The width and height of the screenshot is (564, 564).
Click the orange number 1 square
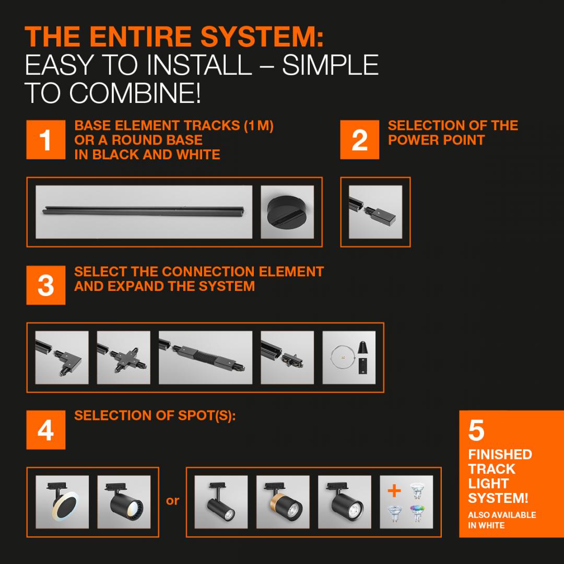pos(45,139)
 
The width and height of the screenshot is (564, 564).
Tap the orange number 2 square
pos(359,139)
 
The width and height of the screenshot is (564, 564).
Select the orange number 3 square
pos(45,285)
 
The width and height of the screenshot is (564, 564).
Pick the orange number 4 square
pos(45,430)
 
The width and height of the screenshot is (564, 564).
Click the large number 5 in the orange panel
pos(476,430)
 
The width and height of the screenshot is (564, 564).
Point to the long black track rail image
pos(144,212)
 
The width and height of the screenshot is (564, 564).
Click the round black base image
pos(287,212)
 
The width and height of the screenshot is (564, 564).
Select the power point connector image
pos(375,212)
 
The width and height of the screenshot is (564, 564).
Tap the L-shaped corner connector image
pos(62,358)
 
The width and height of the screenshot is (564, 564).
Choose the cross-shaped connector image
pos(124,358)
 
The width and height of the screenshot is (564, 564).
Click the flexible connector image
pos(205,358)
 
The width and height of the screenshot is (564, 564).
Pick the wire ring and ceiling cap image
pos(349,358)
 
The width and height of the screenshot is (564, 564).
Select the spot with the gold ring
pos(283,502)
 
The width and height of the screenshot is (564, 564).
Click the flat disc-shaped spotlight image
pos(62,502)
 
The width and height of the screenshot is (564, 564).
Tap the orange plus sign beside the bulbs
pos(394,490)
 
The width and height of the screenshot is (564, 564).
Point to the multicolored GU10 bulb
pos(418,513)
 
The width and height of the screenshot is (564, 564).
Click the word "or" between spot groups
pos(173,501)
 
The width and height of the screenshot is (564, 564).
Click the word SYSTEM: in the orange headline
pos(262,37)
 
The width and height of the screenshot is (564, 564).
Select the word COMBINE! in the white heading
pos(135,93)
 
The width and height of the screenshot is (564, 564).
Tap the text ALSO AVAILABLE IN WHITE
pos(502,520)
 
